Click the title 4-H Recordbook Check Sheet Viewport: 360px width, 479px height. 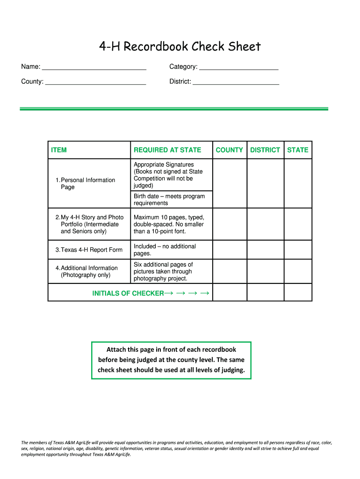pos(180,47)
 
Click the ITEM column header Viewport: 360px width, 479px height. pos(59,150)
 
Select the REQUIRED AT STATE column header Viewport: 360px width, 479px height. pos(167,150)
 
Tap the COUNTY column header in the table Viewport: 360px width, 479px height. pos(229,150)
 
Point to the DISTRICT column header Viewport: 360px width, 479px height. pos(265,150)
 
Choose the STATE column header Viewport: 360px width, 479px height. pos(298,150)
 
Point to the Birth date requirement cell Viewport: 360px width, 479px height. pos(169,200)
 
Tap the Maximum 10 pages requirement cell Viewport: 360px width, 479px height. pos(169,224)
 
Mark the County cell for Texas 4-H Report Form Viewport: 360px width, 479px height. pos(229,250)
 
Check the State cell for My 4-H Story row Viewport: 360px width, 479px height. pos(298,224)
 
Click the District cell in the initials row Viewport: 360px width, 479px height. pos(265,292)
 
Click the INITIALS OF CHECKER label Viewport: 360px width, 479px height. pos(128,293)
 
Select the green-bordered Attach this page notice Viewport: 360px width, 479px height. pos(171,360)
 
